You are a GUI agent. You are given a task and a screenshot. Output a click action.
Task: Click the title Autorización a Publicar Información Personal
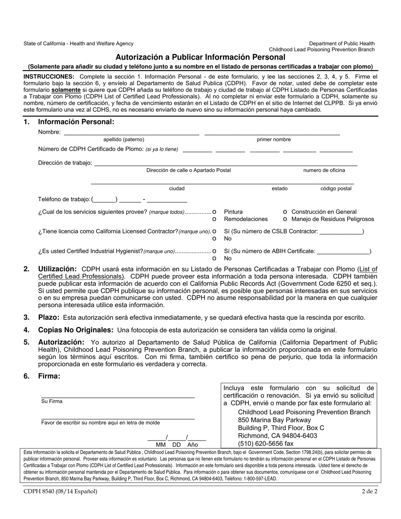coord(200,57)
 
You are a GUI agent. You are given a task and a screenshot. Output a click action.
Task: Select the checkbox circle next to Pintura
coord(214,212)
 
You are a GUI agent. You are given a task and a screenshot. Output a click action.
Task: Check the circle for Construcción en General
coord(286,212)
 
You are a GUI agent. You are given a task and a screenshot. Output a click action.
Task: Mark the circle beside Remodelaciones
coord(214,219)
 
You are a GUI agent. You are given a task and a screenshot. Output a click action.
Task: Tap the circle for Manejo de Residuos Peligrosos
coord(286,219)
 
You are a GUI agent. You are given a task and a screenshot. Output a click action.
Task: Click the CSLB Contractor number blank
coord(341,232)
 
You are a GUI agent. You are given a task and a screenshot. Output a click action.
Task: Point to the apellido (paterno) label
coord(124,140)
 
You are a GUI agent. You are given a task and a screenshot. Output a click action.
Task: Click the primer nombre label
coord(274,140)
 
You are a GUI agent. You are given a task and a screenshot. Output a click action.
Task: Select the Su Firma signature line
coord(118,396)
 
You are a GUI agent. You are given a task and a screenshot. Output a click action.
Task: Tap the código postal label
coord(336,189)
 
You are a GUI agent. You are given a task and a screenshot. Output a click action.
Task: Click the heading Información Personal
coord(76,122)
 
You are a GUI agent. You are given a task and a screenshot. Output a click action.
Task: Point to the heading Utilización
coord(57,269)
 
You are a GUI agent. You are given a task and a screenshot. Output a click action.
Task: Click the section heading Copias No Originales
coord(76,330)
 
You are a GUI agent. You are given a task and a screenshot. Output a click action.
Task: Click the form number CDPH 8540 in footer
coord(60,491)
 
